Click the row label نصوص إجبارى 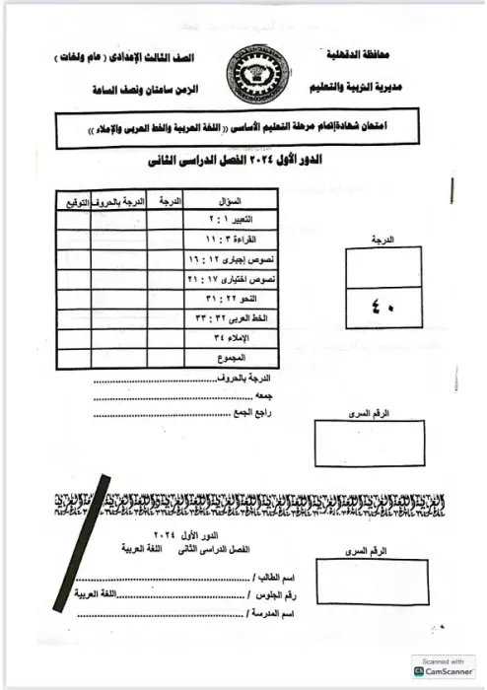(x=245, y=259)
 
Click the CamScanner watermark (x=435, y=669)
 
